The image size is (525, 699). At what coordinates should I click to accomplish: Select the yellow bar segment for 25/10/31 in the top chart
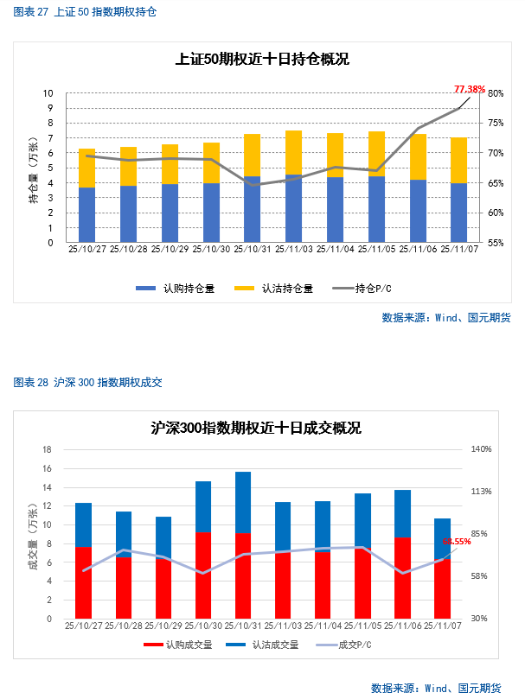tap(252, 156)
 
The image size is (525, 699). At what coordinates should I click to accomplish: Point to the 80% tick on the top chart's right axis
tap(496, 93)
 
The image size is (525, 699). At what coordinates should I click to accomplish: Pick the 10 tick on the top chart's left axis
tap(48, 93)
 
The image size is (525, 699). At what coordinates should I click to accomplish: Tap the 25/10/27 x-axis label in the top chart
tap(86, 249)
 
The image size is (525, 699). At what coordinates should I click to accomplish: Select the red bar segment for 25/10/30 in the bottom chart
tap(203, 575)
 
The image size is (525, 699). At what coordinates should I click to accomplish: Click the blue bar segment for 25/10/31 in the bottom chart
tap(243, 503)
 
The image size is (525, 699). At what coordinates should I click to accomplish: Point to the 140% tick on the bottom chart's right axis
tap(481, 449)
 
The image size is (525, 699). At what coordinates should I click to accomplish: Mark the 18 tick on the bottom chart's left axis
tap(48, 449)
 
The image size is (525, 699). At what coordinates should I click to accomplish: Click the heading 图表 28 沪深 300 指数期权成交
tap(88, 382)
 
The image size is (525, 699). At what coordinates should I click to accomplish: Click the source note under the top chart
tap(446, 317)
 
